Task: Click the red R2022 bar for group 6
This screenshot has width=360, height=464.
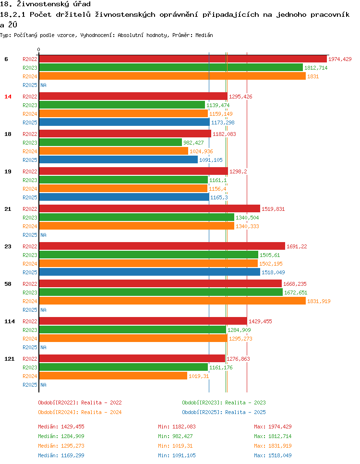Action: pyautogui.click(x=182, y=59)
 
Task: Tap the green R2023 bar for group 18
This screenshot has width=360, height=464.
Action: pyautogui.click(x=110, y=142)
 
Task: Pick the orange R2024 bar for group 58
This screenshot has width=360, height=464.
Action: pyautogui.click(x=172, y=301)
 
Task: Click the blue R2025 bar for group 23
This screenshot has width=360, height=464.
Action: pyautogui.click(x=149, y=272)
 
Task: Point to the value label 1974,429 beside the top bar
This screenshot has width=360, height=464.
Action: pyautogui.click(x=340, y=59)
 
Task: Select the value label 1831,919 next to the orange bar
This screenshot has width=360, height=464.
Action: pyautogui.click(x=319, y=301)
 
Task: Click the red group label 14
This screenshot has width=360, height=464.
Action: pyautogui.click(x=8, y=97)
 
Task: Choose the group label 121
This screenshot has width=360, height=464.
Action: pyautogui.click(x=9, y=359)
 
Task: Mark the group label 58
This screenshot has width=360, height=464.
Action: pyautogui.click(x=8, y=284)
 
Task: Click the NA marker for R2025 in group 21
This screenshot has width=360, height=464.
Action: pyautogui.click(x=43, y=235)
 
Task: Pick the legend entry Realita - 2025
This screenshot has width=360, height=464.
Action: pyautogui.click(x=224, y=412)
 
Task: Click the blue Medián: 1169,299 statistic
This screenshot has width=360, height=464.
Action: pyautogui.click(x=61, y=455)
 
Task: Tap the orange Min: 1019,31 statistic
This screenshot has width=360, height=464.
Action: pyautogui.click(x=177, y=446)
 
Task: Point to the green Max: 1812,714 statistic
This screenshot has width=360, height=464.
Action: pyautogui.click(x=273, y=436)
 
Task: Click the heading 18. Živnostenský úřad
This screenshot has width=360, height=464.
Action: pyautogui.click(x=46, y=4)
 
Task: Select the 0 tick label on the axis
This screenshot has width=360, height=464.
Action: pyautogui.click(x=39, y=49)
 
